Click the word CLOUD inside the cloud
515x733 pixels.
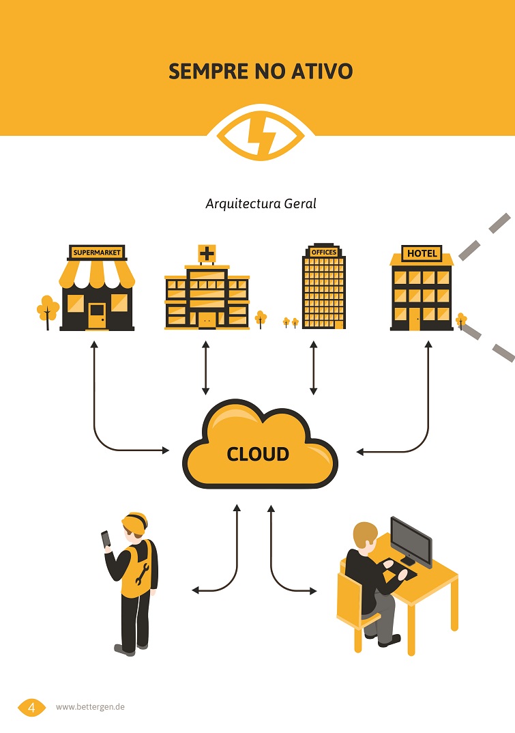258,454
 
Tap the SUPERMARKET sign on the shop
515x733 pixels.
97,253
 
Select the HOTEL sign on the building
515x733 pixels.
422,253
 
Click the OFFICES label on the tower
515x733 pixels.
323,252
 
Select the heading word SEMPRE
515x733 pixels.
203,71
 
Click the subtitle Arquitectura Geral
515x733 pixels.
261,203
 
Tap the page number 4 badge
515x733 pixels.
31,707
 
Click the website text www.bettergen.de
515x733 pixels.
90,707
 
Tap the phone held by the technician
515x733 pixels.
106,538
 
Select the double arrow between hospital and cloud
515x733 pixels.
205,369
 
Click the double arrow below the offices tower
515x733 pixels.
313,369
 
